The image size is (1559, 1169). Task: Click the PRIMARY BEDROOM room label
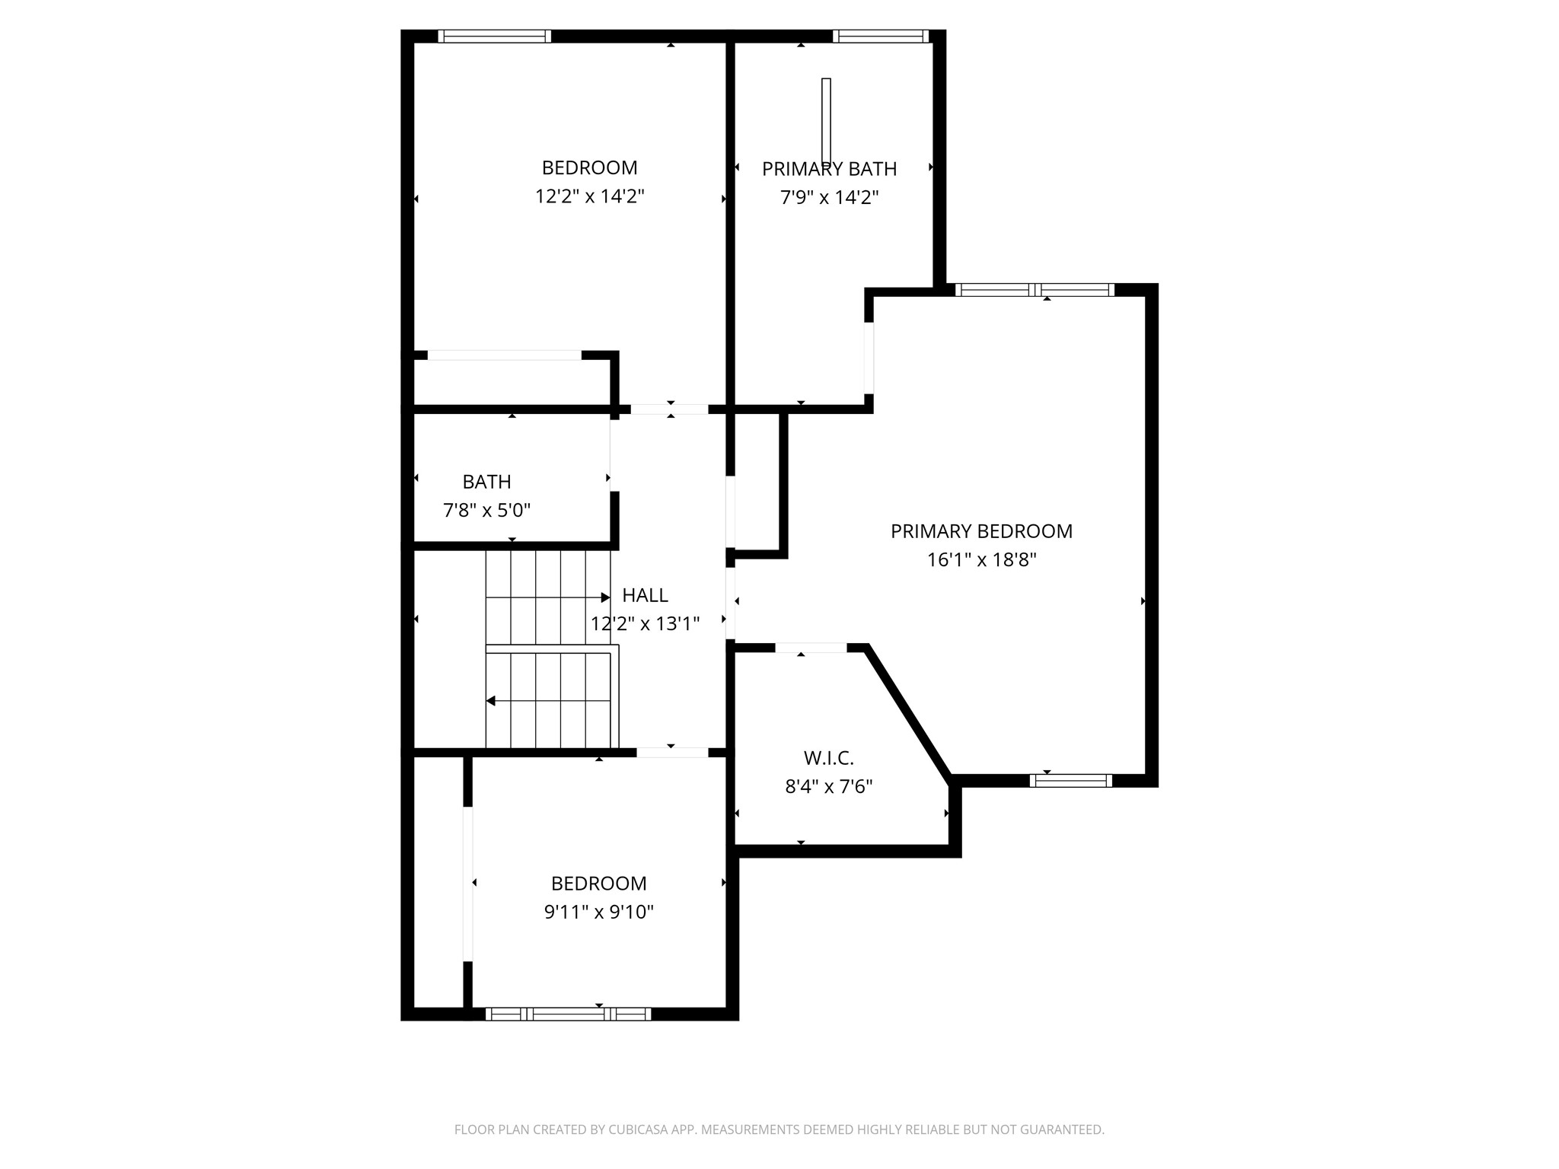pos(981,531)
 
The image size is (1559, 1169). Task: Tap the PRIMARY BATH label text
pos(829,169)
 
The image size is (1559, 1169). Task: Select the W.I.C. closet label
pos(828,758)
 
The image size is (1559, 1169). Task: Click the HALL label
pos(645,595)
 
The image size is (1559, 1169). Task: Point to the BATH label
pos(486,482)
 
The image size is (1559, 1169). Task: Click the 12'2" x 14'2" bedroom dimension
pos(589,196)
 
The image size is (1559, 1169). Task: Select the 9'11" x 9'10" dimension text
pos(598,912)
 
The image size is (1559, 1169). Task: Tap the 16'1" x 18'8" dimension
pos(981,560)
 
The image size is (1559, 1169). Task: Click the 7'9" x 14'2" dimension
pos(829,198)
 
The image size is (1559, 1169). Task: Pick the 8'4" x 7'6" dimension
pos(828,786)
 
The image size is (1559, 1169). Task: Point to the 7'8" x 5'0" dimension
pos(486,510)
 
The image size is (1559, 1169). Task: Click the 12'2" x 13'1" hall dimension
pos(645,624)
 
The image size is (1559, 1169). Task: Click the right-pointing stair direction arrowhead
pos(605,597)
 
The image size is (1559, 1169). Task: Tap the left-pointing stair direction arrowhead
pos(491,701)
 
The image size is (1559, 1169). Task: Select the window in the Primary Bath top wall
pos(880,36)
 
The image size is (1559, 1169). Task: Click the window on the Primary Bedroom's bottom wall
pos(1070,780)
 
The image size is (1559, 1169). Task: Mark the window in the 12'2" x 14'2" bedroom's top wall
pos(494,36)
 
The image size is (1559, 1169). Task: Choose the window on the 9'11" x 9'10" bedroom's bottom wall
pos(568,1014)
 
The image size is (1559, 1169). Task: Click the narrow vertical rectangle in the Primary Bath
pos(826,121)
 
